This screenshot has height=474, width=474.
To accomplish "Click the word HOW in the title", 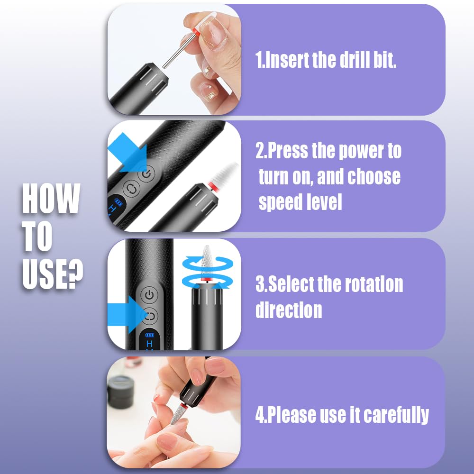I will [51, 199].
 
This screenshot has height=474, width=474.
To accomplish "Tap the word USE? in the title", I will [53, 273].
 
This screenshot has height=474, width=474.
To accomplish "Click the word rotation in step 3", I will [374, 284].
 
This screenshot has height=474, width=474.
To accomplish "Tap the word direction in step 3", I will [289, 310].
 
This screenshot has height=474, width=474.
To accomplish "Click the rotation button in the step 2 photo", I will [131, 187].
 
